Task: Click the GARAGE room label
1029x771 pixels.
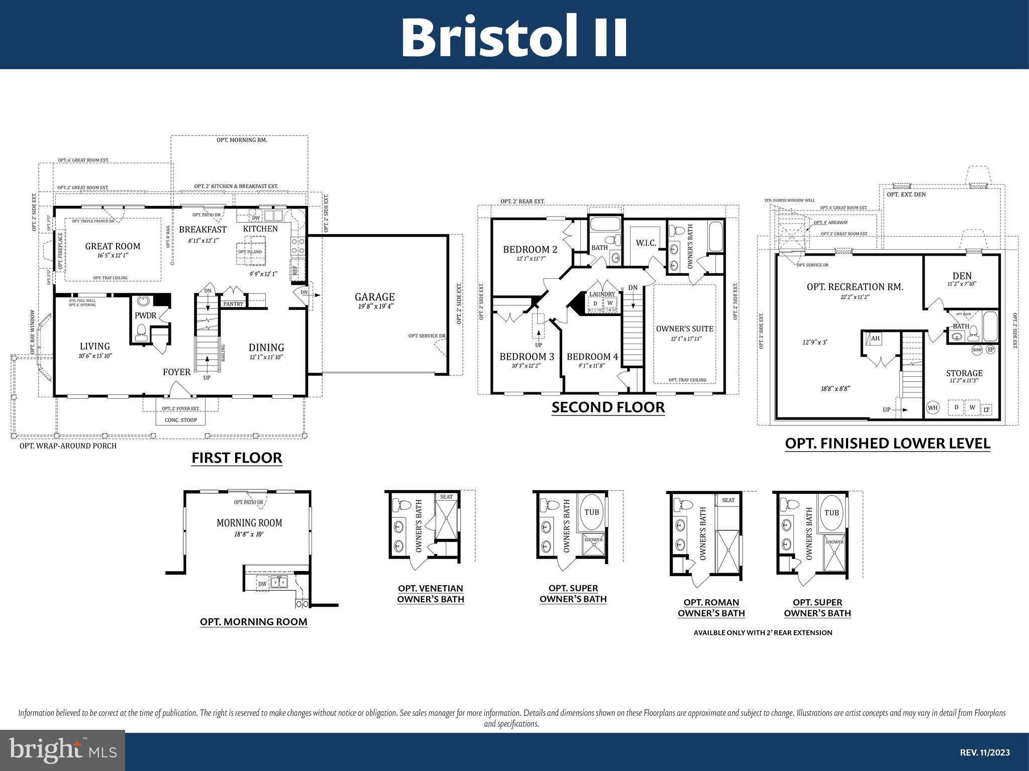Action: (x=374, y=297)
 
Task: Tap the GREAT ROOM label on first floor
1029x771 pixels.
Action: (x=113, y=246)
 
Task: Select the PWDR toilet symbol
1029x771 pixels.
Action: (x=141, y=332)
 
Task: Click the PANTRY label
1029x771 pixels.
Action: (x=233, y=304)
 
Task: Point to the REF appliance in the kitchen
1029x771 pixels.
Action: (x=295, y=270)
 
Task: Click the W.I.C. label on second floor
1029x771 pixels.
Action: (x=646, y=243)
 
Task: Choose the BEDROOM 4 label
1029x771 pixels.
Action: (x=592, y=357)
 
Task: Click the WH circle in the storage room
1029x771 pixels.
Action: (x=933, y=408)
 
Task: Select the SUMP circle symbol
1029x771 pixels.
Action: (x=977, y=350)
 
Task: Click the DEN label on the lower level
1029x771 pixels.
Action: (x=962, y=276)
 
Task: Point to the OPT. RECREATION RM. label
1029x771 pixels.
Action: (x=855, y=287)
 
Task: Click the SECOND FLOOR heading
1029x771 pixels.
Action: (x=608, y=407)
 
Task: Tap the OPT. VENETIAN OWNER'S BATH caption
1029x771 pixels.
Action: (x=431, y=594)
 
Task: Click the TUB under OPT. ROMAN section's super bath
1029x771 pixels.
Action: (x=832, y=513)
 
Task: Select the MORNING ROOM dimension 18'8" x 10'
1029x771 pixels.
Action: (x=249, y=534)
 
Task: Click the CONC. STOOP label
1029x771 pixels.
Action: (x=181, y=420)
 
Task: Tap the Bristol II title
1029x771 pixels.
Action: (x=514, y=38)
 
